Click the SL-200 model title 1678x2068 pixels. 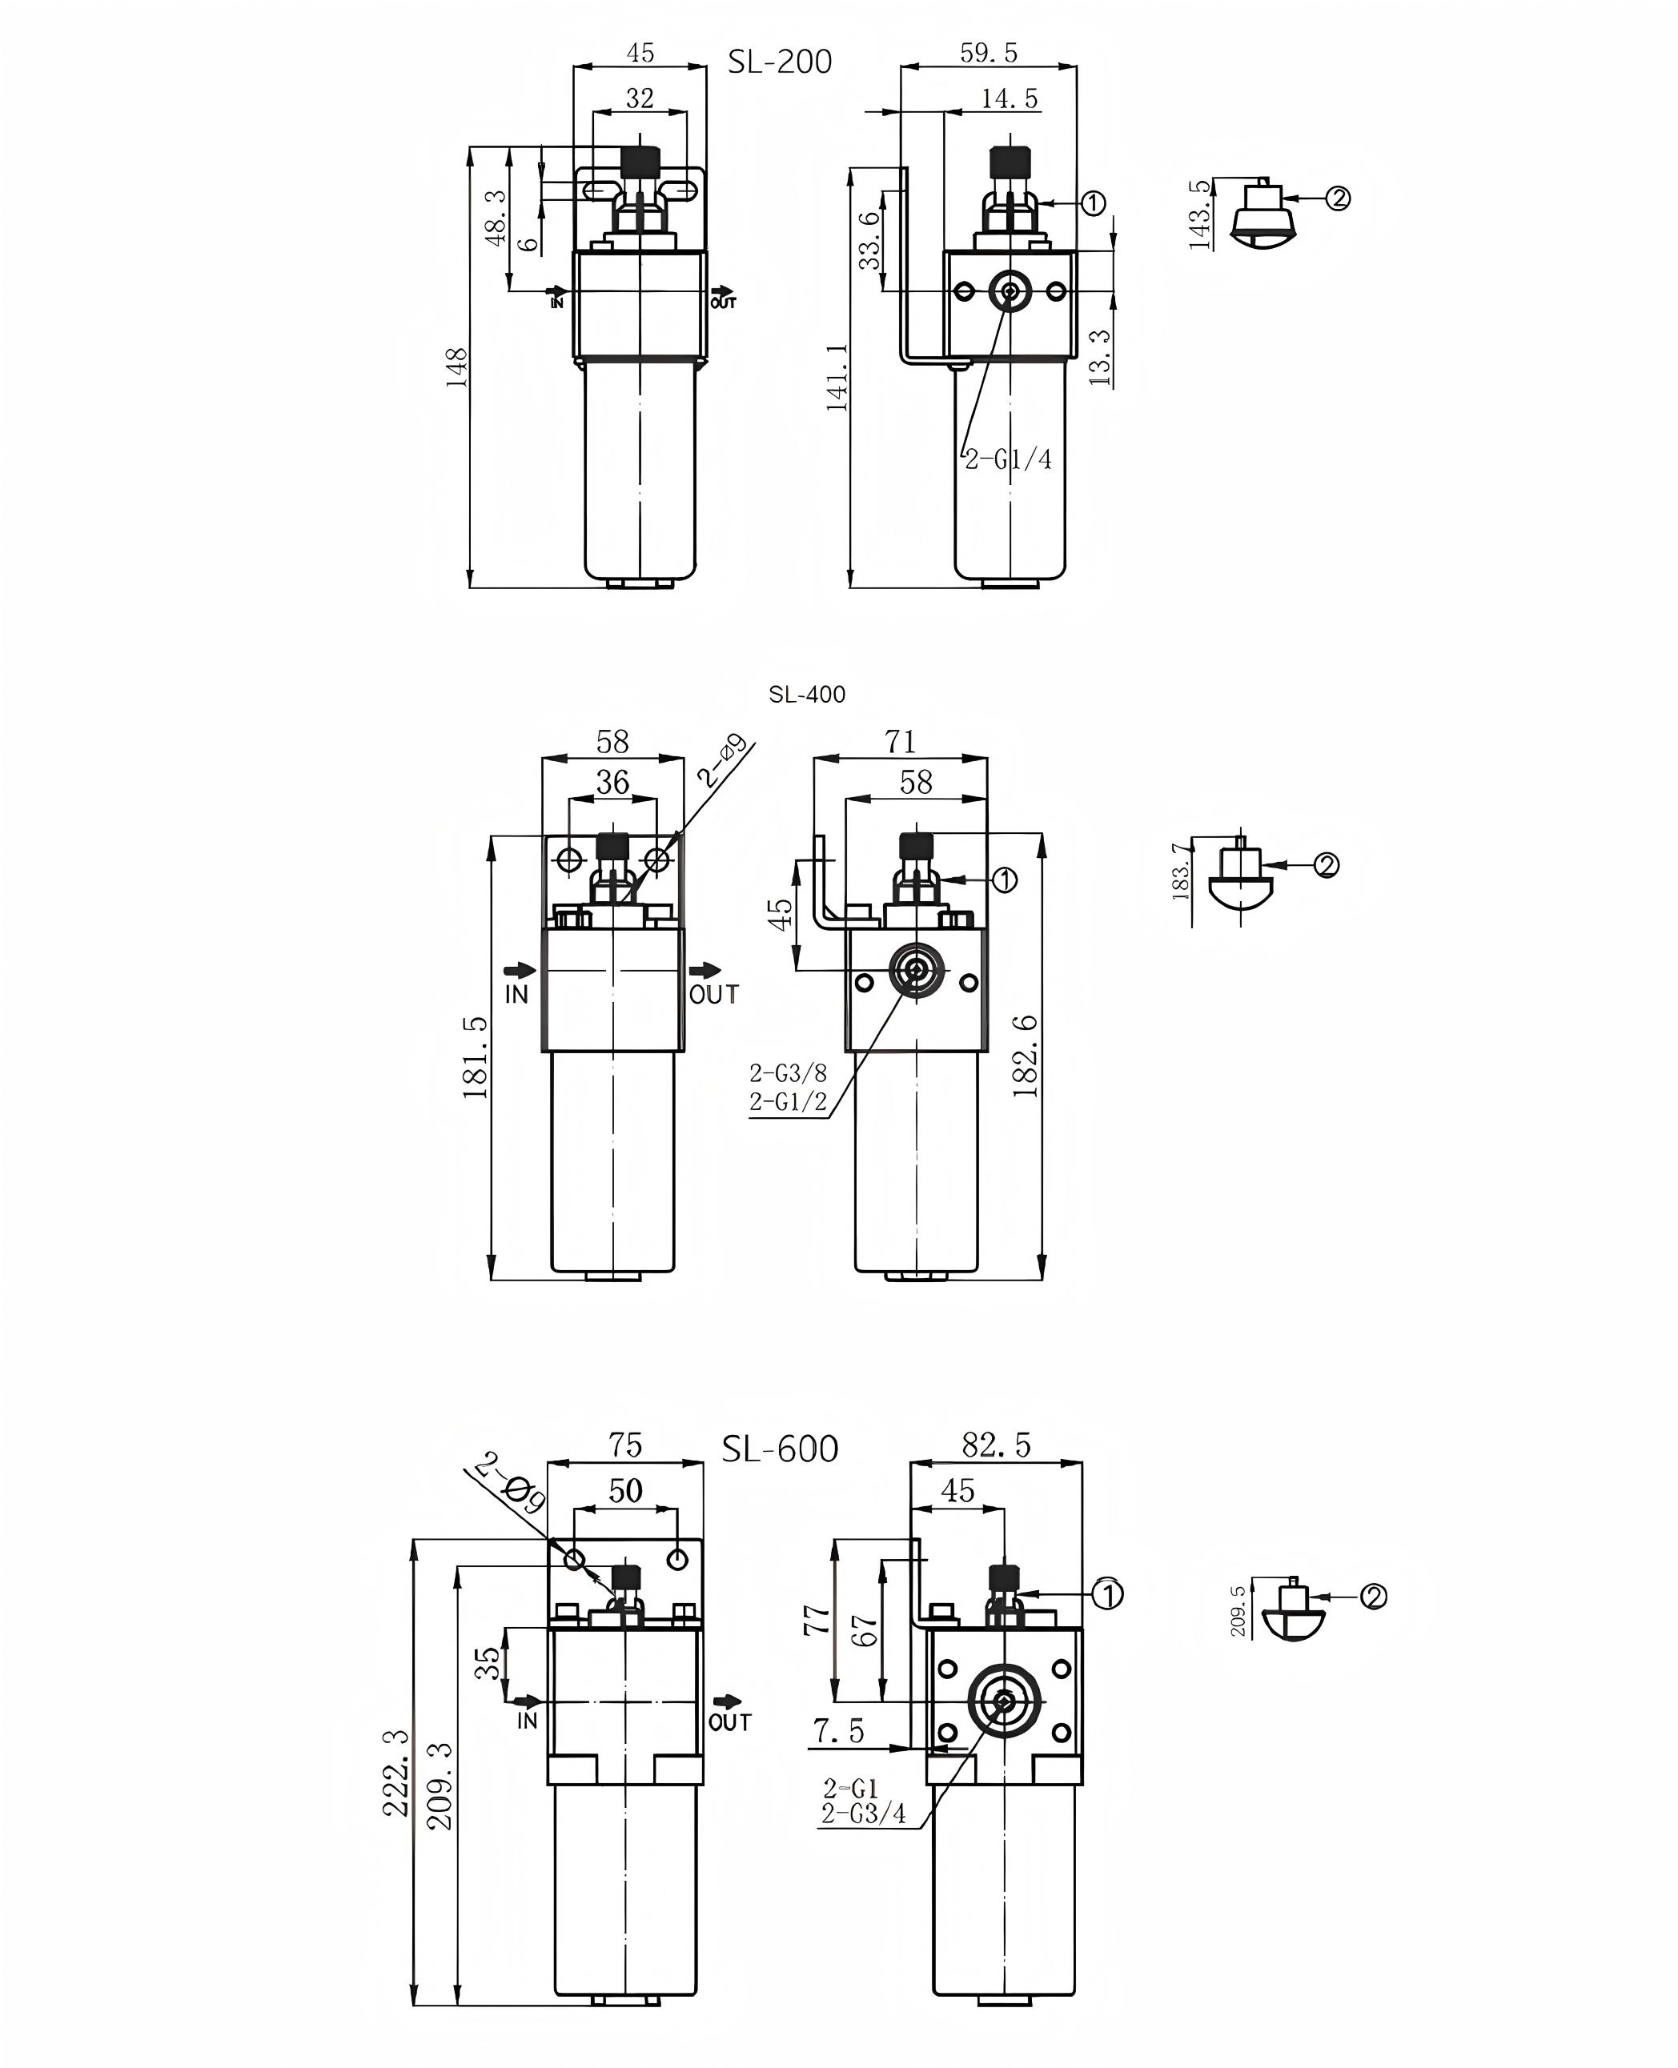tap(779, 62)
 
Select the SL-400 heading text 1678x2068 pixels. tap(807, 694)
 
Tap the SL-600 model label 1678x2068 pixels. tap(780, 1449)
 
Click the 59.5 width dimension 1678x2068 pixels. tap(988, 53)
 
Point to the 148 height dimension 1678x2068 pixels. tap(456, 367)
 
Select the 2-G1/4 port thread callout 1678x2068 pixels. tap(1008, 459)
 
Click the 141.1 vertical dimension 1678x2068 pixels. tap(837, 377)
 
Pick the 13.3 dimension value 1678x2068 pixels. tap(1100, 357)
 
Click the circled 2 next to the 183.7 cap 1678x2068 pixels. tap(1327, 865)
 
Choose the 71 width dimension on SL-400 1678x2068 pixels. tap(900, 741)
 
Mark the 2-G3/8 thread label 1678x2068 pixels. tap(788, 1072)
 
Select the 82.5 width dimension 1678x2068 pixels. tap(996, 1445)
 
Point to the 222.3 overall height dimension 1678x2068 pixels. tap(397, 1773)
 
